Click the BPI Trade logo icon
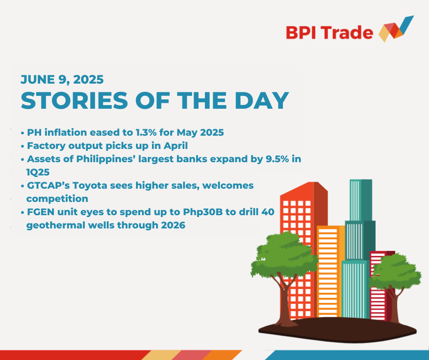pos(396,29)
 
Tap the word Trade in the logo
pos(347,32)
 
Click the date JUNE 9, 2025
pos(62,79)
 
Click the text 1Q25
pos(38,172)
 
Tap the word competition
pos(57,199)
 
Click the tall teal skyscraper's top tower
pos(361,200)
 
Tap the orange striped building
pos(330,271)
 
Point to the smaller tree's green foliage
pos(394,271)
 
